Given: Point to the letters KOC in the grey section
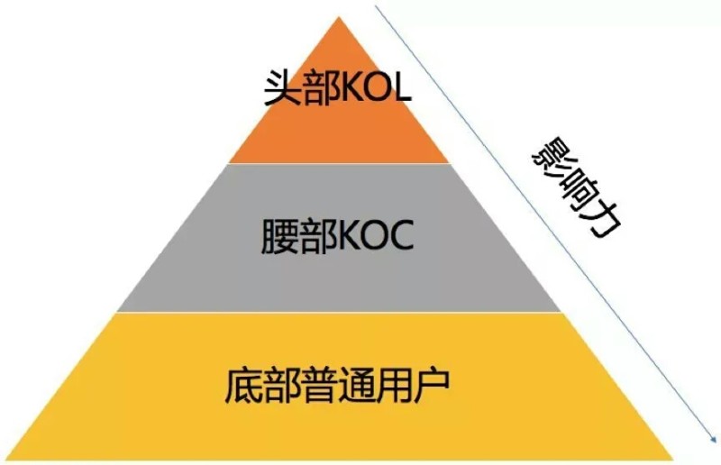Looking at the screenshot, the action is (x=377, y=236).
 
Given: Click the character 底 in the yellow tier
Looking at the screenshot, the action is (x=243, y=385).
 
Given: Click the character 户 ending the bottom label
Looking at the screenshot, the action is (x=431, y=385).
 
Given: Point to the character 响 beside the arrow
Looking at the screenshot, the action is (x=576, y=188).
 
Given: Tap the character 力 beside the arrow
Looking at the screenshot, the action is (x=601, y=220).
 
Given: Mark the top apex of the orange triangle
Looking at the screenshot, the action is (x=339, y=17).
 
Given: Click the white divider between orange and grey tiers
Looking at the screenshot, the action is (x=339, y=163).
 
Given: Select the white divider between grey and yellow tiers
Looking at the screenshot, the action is (x=339, y=313).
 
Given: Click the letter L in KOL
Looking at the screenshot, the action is (x=401, y=89).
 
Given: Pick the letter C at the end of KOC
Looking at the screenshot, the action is (x=401, y=236).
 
